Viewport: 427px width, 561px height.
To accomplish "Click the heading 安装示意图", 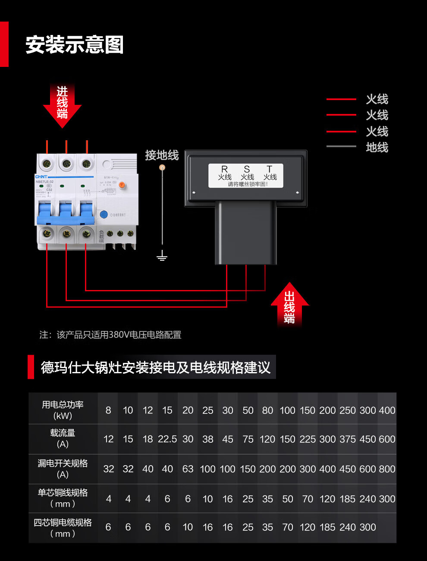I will click(x=75, y=45).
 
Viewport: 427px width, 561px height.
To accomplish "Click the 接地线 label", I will click(x=162, y=155).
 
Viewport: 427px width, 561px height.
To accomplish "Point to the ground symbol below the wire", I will click(x=162, y=257).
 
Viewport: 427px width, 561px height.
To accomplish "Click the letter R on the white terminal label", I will click(x=224, y=169).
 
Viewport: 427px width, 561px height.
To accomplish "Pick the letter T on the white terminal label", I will click(x=270, y=169).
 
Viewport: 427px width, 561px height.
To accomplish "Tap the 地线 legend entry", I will click(x=377, y=148).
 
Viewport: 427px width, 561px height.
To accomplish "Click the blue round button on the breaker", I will click(x=104, y=214).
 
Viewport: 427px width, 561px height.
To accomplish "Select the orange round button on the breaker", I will click(x=122, y=185).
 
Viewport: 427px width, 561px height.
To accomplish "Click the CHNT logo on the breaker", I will click(x=42, y=177).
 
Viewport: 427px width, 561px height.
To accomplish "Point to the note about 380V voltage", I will click(x=110, y=335).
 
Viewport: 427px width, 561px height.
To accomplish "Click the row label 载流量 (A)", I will click(x=63, y=438).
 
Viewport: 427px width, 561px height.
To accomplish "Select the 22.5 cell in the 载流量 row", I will click(x=167, y=439).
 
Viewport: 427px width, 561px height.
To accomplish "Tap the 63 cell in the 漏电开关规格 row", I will click(x=188, y=469).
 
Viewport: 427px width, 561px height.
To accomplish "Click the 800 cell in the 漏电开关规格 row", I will click(x=387, y=469).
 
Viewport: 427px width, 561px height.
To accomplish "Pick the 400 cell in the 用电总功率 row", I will click(x=387, y=410).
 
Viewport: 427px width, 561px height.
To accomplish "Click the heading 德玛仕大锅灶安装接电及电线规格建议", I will click(x=155, y=367).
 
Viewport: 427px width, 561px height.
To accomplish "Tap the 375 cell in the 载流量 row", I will click(x=348, y=439).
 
